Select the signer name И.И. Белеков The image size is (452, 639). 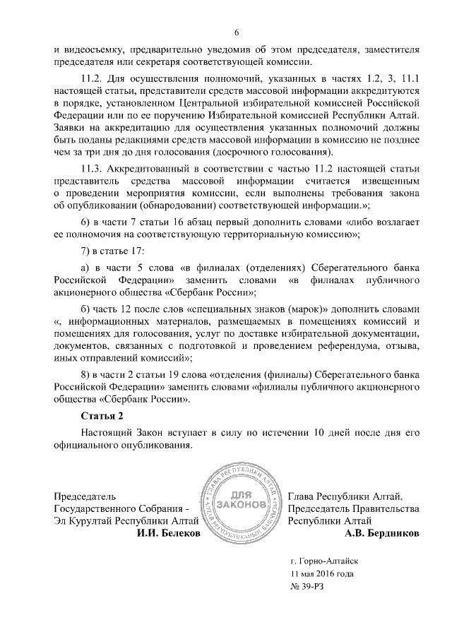tap(168, 533)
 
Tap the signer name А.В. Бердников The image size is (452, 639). tap(382, 533)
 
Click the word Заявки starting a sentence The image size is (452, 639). tap(71, 126)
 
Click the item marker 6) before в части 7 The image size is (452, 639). tap(86, 223)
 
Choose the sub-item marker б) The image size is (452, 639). tap(86, 309)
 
